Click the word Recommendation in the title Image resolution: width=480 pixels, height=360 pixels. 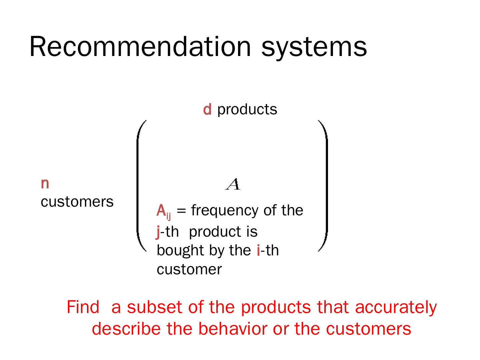click(x=140, y=47)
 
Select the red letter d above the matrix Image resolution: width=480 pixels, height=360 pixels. click(x=207, y=109)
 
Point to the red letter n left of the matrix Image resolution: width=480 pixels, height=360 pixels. click(x=45, y=184)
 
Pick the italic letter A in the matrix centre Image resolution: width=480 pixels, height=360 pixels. click(x=233, y=184)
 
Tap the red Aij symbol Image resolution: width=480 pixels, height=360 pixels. click(x=164, y=211)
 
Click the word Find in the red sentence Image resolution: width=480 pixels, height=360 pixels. click(x=83, y=307)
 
